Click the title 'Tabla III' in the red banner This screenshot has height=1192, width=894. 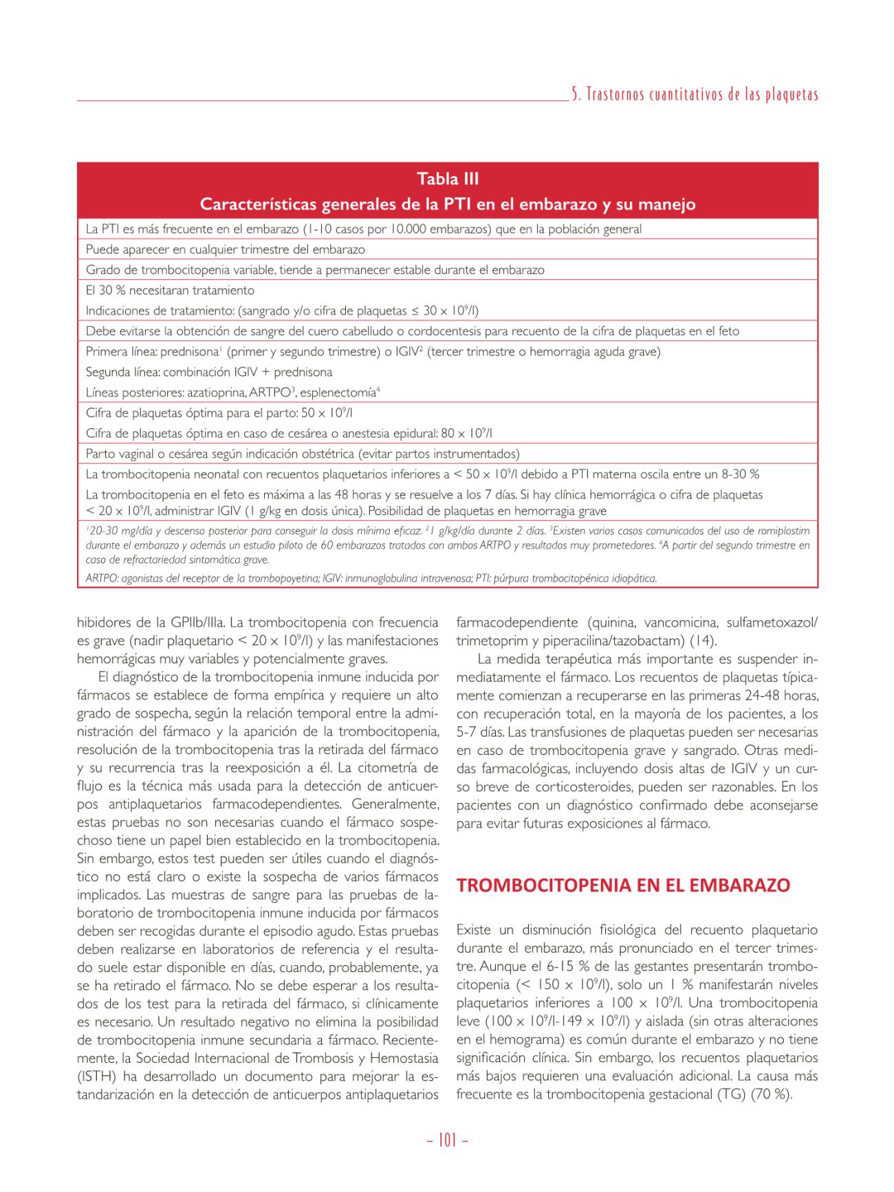click(x=448, y=179)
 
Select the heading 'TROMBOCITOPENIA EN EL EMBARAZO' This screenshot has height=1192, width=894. click(x=623, y=885)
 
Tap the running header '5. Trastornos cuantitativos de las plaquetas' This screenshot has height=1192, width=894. click(x=695, y=95)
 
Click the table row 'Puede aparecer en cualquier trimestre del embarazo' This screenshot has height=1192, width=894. click(x=225, y=250)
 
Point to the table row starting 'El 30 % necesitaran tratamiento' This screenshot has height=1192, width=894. click(x=170, y=290)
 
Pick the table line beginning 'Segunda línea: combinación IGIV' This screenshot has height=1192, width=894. click(x=209, y=372)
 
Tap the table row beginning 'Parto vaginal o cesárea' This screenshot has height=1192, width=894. click(x=303, y=454)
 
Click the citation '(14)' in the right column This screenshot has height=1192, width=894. click(x=703, y=641)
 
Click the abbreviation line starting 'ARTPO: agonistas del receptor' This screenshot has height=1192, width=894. click(x=371, y=578)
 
